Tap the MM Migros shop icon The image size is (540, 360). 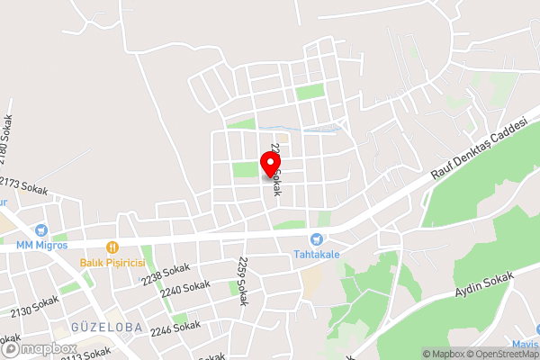(40, 231)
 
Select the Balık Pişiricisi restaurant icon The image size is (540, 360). (112, 247)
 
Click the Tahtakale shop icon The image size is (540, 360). (316, 239)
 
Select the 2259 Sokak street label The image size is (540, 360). (242, 280)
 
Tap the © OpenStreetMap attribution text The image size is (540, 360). (500, 354)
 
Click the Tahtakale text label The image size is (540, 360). (316, 255)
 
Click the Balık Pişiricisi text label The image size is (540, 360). (112, 262)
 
